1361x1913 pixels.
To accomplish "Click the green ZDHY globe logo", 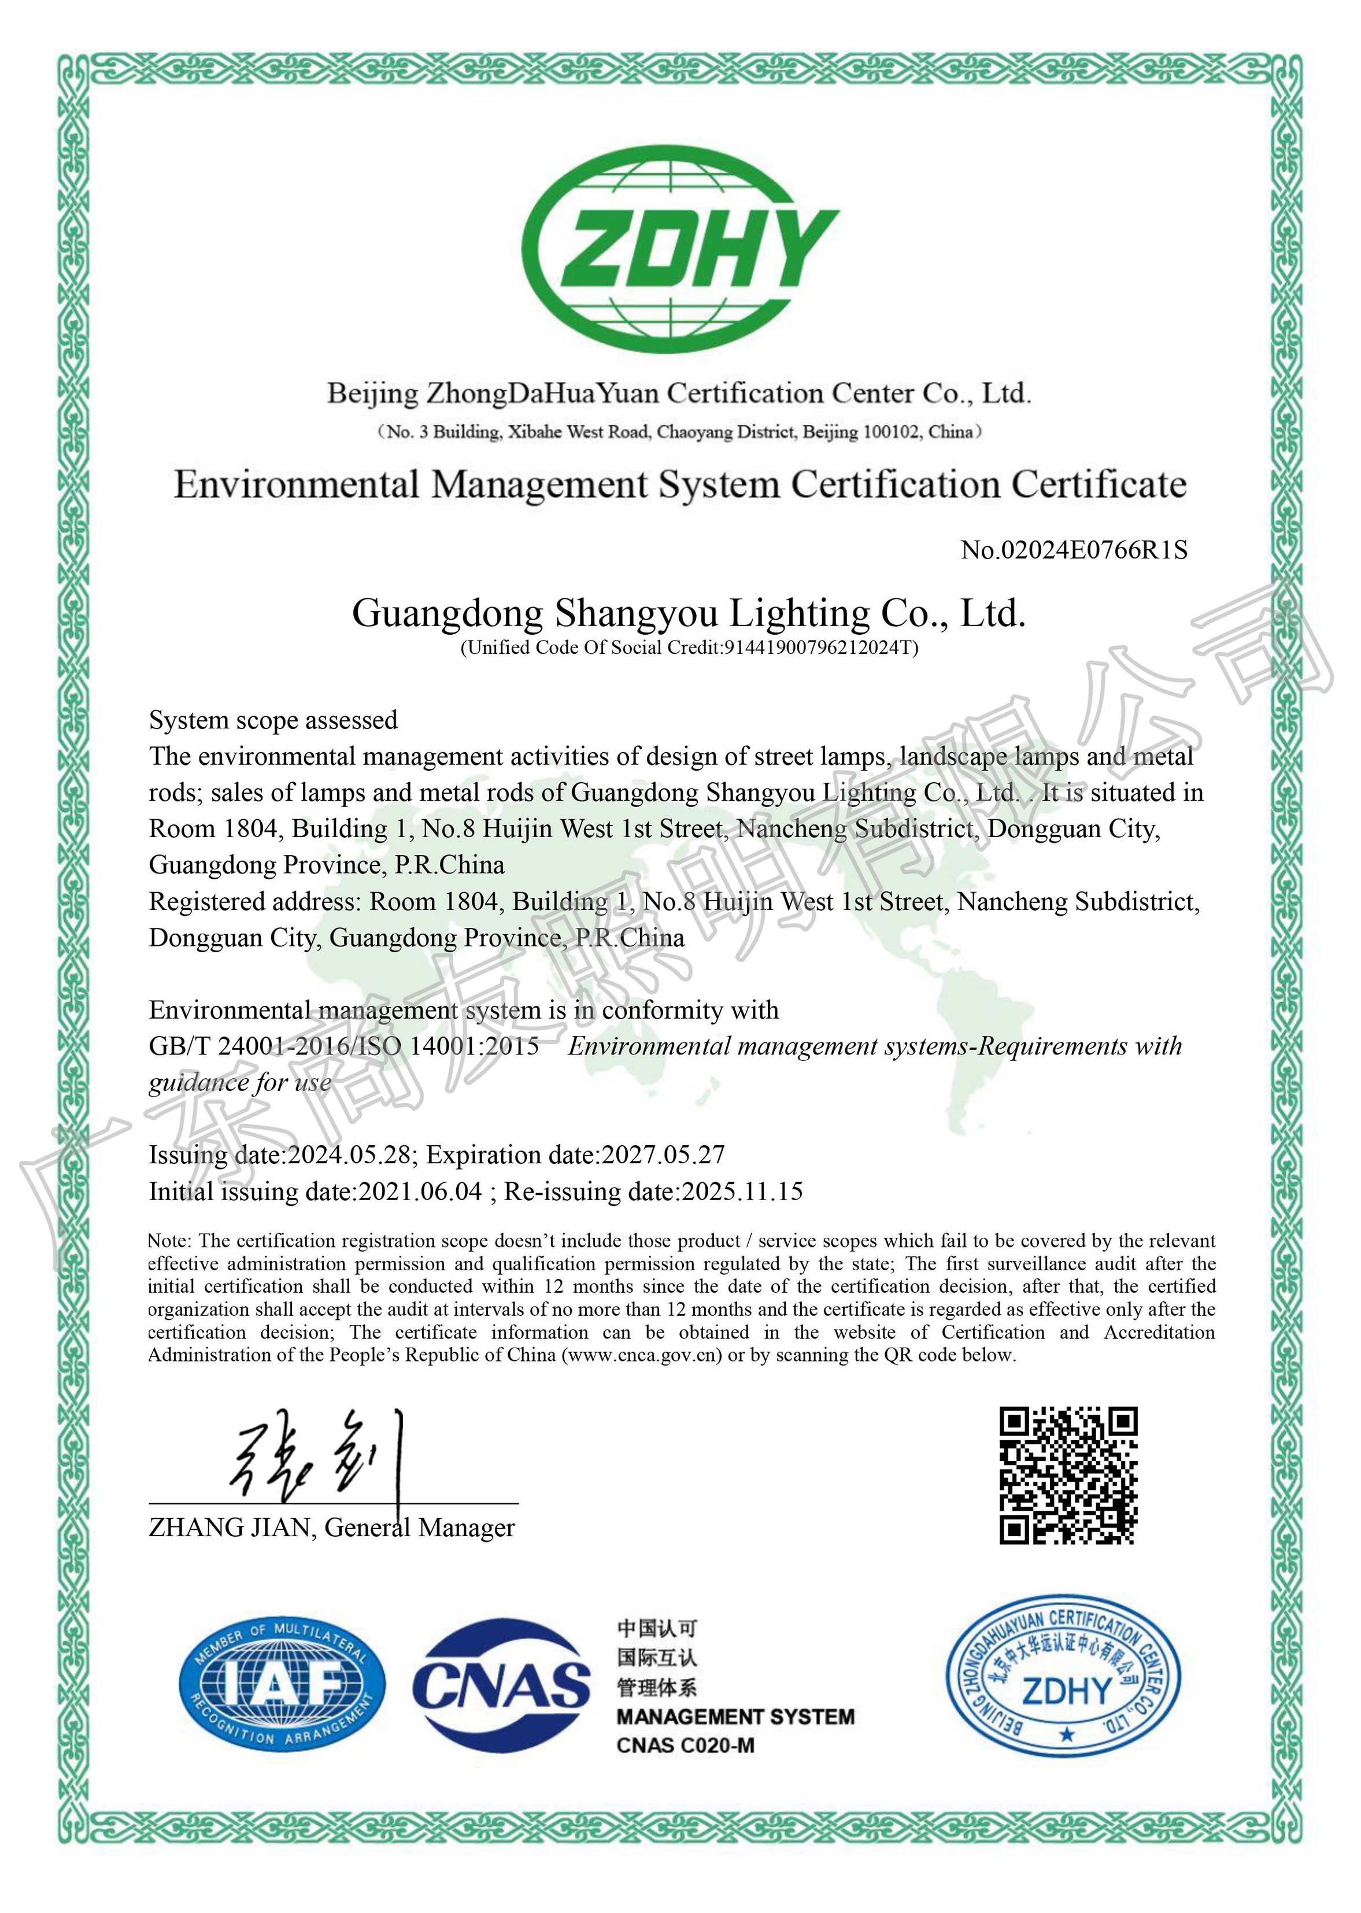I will [x=680, y=250].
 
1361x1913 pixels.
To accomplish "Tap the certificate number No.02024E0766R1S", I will [x=1074, y=550].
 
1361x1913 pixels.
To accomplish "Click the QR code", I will [x=1068, y=1475].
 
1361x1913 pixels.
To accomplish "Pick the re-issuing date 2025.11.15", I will [x=742, y=1191].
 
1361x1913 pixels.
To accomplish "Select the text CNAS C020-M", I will [x=686, y=1745].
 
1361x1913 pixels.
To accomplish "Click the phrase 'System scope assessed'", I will [x=273, y=720].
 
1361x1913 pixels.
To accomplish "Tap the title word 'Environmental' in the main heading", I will [x=296, y=485].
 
